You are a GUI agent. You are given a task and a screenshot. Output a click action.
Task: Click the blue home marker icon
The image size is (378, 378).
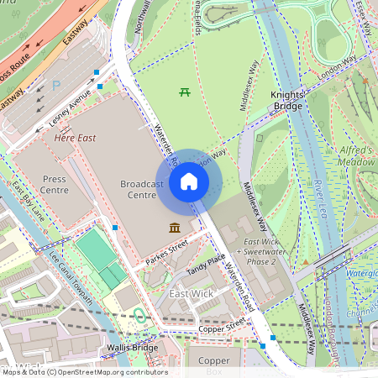pyautogui.click(x=189, y=181)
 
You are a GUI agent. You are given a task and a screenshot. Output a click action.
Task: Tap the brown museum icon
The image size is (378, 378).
pyautogui.click(x=174, y=228)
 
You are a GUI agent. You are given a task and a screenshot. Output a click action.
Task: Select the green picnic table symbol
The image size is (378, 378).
pyautogui.click(x=184, y=92)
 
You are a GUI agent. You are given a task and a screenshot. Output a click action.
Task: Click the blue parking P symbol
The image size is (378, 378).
pyautogui.click(x=56, y=85)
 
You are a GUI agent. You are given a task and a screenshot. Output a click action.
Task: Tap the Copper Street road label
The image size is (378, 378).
pyautogui.click(x=224, y=324)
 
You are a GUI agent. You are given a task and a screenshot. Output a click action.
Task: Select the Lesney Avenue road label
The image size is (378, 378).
pyautogui.click(x=68, y=107)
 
